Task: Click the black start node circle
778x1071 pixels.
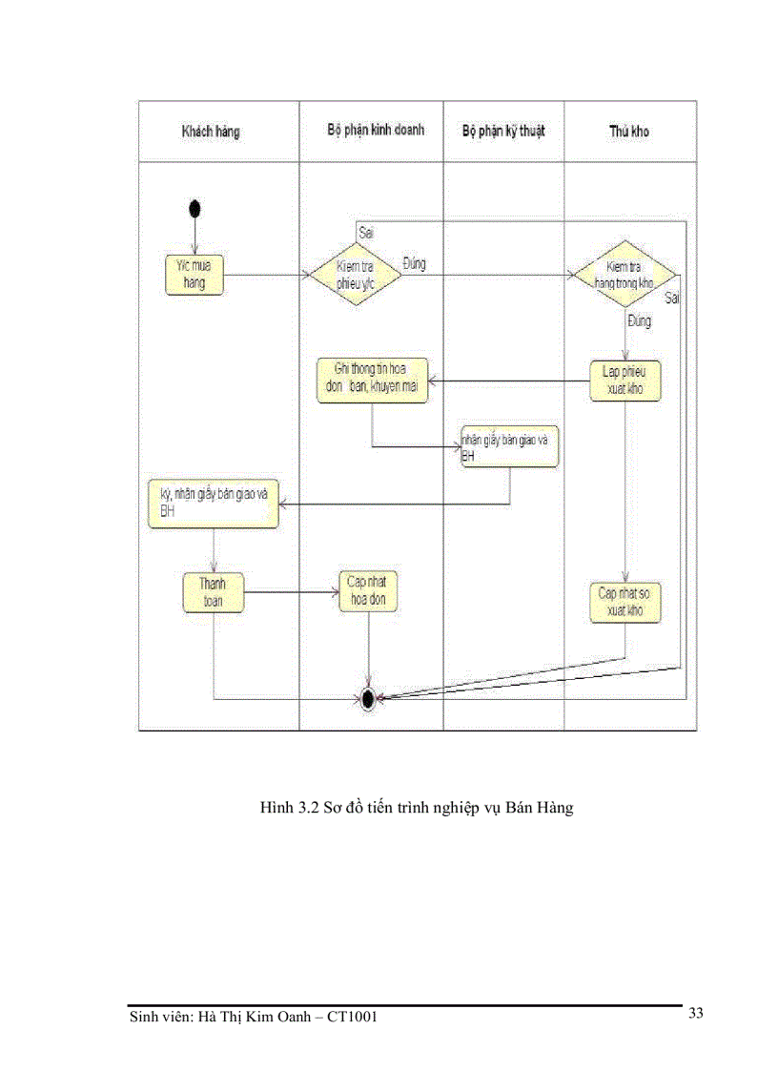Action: pyautogui.click(x=195, y=208)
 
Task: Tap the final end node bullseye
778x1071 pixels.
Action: pyautogui.click(x=368, y=698)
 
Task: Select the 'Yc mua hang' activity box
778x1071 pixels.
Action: pyautogui.click(x=194, y=275)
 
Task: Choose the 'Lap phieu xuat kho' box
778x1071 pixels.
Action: pyautogui.click(x=625, y=381)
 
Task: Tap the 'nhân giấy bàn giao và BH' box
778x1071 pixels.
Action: pyautogui.click(x=509, y=446)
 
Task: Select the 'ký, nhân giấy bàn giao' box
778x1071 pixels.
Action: pyautogui.click(x=214, y=505)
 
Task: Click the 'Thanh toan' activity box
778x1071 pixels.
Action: pyautogui.click(x=214, y=591)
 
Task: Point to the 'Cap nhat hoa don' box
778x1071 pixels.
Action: pyautogui.click(x=368, y=591)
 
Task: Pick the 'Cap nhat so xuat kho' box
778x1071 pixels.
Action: pyautogui.click(x=625, y=602)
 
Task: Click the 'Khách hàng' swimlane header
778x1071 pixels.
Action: pyautogui.click(x=211, y=132)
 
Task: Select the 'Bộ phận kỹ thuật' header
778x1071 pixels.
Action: pyautogui.click(x=503, y=131)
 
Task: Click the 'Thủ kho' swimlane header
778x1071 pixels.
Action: pyautogui.click(x=628, y=131)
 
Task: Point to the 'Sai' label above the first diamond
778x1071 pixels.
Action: pyautogui.click(x=365, y=232)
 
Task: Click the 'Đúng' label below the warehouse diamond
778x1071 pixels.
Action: pyautogui.click(x=639, y=321)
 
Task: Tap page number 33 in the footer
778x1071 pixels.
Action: pyautogui.click(x=696, y=1013)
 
